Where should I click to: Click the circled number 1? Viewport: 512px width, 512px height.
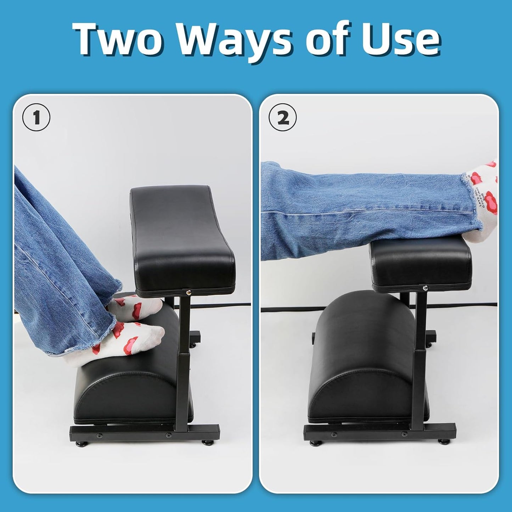click(36, 118)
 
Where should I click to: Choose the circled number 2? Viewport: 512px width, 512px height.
click(282, 118)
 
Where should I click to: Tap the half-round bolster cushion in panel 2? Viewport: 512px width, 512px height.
click(365, 358)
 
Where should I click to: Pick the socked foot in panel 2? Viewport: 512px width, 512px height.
click(482, 198)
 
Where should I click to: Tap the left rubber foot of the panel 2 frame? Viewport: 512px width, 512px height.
click(314, 443)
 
